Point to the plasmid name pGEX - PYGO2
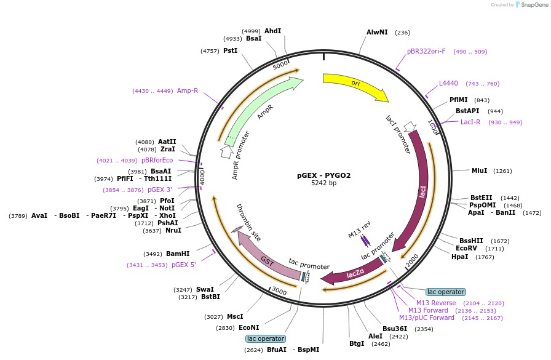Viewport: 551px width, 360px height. click(323, 175)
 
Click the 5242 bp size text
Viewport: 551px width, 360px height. click(323, 183)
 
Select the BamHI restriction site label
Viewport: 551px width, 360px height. click(178, 254)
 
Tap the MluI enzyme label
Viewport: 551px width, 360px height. click(479, 170)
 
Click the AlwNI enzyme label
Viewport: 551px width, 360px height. click(377, 32)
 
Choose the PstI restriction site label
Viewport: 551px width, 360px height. click(231, 50)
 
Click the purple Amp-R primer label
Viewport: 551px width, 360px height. click(188, 90)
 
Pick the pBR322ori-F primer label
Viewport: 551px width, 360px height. click(426, 51)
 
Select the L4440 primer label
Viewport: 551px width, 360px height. click(448, 83)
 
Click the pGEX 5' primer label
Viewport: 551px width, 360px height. click(184, 265)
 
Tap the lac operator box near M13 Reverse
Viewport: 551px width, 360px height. click(446, 292)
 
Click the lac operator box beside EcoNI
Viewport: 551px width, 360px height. click(266, 338)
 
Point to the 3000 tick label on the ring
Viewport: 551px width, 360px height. click(279, 290)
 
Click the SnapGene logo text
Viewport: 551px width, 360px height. click(534, 5)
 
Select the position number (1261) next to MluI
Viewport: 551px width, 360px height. click(502, 171)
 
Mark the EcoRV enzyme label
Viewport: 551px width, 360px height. click(466, 248)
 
